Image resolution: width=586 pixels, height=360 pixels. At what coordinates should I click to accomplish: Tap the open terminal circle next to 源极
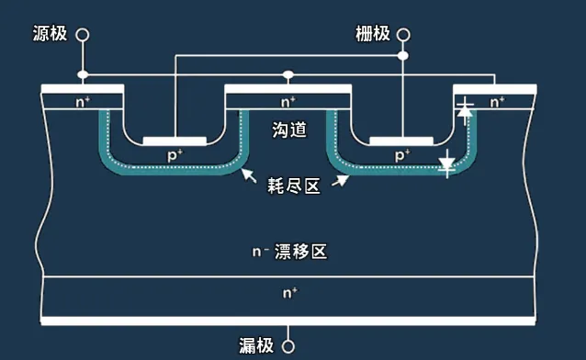(83, 34)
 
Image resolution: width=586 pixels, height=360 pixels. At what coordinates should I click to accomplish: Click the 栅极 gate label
(373, 34)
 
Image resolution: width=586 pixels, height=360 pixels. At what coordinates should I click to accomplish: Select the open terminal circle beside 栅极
(402, 34)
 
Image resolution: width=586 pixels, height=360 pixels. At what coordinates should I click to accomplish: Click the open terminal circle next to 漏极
(288, 346)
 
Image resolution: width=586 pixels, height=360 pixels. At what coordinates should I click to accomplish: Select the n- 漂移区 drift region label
(289, 252)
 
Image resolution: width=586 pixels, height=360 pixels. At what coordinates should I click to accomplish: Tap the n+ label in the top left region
(83, 101)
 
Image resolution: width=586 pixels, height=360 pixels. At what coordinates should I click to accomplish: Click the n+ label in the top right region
(496, 101)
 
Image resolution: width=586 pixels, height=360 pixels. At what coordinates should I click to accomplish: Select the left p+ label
(175, 156)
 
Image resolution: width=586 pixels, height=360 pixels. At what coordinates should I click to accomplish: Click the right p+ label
(402, 156)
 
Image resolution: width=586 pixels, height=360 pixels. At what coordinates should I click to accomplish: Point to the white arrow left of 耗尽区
(247, 174)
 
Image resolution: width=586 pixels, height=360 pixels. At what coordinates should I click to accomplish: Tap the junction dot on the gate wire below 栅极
(402, 56)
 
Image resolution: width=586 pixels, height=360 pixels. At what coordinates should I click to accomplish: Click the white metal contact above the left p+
(175, 141)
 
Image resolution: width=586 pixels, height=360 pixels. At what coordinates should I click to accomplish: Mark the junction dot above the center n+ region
(288, 74)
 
